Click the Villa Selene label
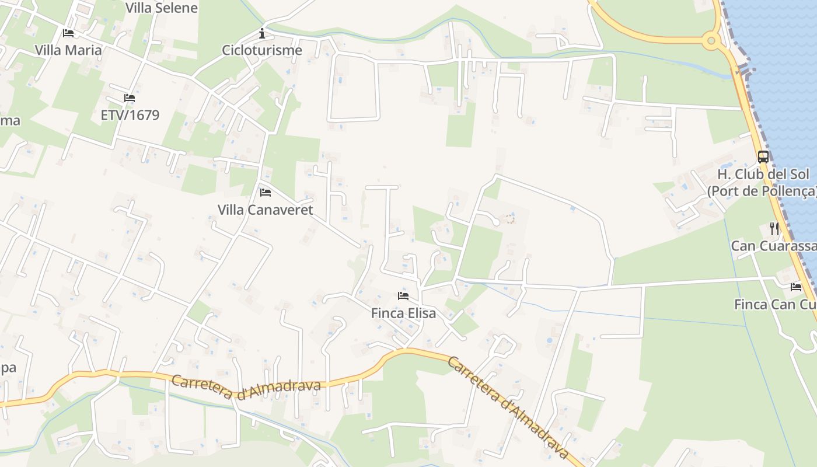(162, 8)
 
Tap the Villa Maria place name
(68, 50)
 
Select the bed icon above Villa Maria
(68, 33)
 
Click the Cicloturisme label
(262, 50)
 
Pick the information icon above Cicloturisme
(262, 33)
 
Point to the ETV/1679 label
(130, 115)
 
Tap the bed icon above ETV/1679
(130, 98)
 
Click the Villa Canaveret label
(266, 210)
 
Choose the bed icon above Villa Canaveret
(266, 192)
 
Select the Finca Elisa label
(403, 313)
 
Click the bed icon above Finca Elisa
(403, 296)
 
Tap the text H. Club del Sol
(763, 174)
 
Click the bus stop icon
(763, 156)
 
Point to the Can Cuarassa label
(774, 246)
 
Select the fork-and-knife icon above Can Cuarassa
(774, 228)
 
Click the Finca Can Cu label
(775, 304)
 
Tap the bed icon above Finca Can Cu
(796, 287)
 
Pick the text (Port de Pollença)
(762, 191)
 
